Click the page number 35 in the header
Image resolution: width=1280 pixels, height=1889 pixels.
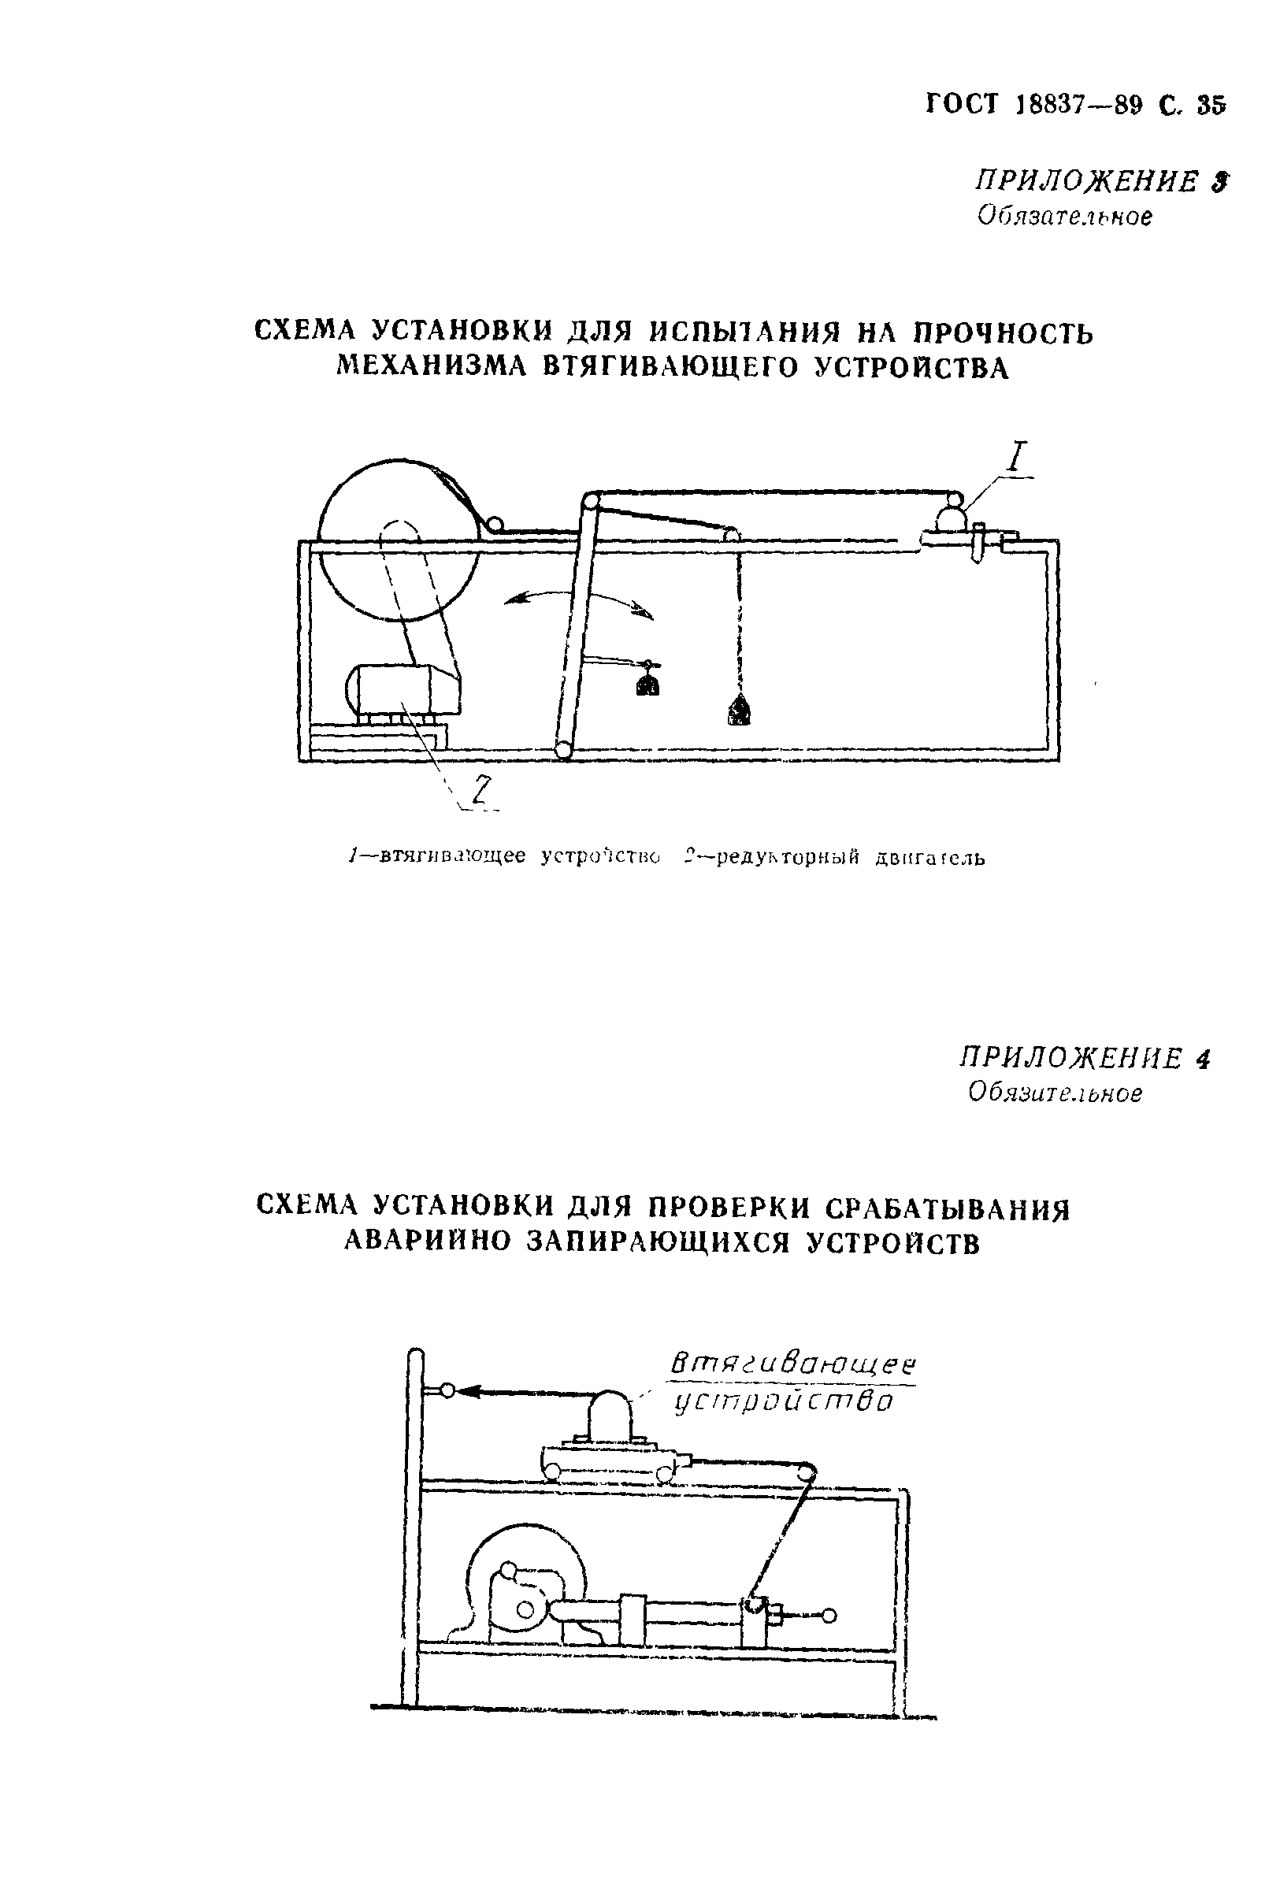1210,106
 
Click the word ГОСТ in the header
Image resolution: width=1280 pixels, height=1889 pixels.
962,104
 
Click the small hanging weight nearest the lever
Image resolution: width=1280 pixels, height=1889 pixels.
647,685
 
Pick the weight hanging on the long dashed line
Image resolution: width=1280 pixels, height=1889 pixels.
740,712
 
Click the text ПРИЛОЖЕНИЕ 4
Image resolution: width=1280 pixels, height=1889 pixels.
1084,1058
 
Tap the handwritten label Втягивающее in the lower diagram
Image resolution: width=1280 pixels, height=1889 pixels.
793,1364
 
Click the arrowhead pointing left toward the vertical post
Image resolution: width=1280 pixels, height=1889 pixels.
470,1392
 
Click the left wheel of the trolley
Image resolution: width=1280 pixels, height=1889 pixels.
555,1470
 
